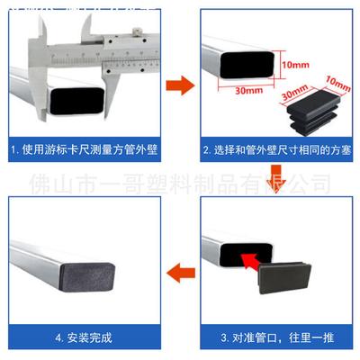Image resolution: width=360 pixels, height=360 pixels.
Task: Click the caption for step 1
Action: click(x=85, y=148)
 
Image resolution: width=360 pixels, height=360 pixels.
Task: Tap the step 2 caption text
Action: click(x=274, y=148)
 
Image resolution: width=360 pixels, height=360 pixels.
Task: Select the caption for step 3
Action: click(x=274, y=337)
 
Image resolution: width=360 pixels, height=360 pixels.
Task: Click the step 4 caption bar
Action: click(x=85, y=337)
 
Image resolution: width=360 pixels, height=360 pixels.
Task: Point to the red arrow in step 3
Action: click(x=254, y=261)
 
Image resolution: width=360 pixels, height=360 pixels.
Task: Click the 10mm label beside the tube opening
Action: click(x=294, y=66)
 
